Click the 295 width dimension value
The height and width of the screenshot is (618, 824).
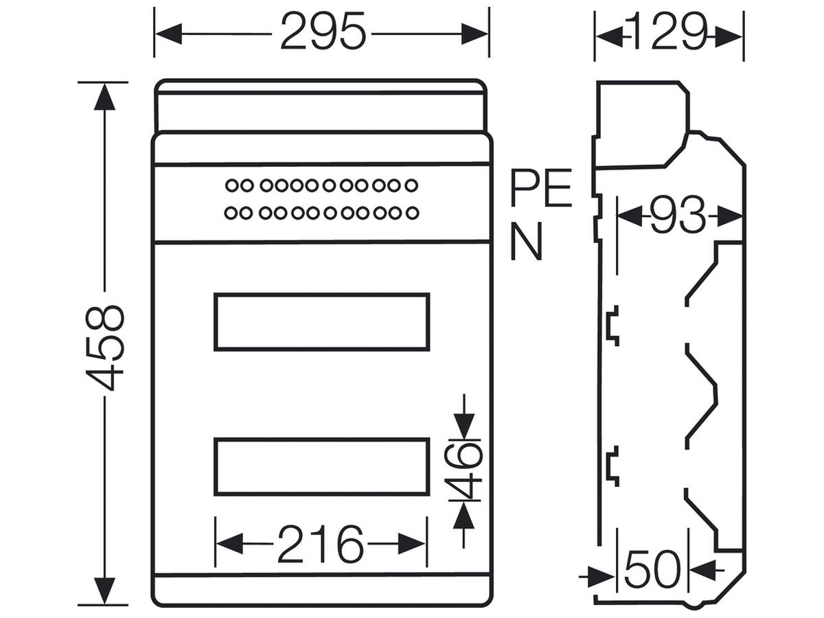[x=323, y=31]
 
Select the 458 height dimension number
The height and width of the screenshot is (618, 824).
[x=104, y=348]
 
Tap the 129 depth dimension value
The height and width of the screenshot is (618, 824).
[x=669, y=31]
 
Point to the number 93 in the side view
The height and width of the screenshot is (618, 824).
[x=678, y=216]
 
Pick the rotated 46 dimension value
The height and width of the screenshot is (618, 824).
[x=463, y=471]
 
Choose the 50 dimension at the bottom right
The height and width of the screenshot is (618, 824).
[x=652, y=569]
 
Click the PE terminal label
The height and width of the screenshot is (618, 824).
[x=541, y=188]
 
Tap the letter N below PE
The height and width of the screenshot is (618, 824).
[x=527, y=241]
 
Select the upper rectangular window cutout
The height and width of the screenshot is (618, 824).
[x=322, y=322]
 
